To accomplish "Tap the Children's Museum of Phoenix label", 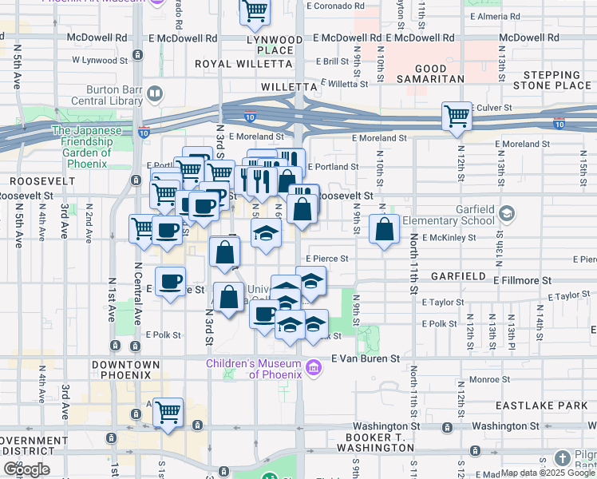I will (253, 368).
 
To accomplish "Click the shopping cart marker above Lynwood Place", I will (255, 11).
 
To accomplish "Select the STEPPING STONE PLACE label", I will (557, 80).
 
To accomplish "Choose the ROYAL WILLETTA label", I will (235, 65).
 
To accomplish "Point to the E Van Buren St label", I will (365, 359).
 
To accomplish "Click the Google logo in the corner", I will (26, 469).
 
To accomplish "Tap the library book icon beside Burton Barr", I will (154, 94).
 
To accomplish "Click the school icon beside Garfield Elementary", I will (508, 213).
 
